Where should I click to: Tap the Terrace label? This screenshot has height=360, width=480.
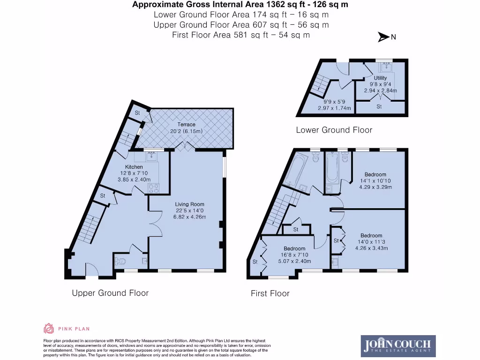(186, 125)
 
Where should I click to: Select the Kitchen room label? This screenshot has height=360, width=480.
(134, 167)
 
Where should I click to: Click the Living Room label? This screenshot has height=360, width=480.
(190, 204)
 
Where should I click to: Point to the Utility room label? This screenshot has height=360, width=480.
(380, 78)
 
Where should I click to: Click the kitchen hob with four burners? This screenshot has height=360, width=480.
(154, 188)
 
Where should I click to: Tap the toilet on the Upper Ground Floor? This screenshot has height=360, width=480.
(120, 262)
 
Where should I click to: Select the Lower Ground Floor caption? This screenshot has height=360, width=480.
(334, 130)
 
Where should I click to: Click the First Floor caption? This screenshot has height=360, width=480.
(270, 293)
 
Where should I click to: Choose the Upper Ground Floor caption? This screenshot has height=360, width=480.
(110, 293)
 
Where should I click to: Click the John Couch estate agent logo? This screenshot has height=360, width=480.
(398, 346)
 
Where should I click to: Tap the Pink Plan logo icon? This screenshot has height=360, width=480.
(49, 329)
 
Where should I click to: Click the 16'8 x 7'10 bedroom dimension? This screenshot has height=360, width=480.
(294, 255)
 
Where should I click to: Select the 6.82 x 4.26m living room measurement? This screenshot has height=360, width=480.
(190, 217)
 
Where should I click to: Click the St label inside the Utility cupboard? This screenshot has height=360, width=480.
(379, 107)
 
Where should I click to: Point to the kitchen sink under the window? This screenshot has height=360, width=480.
(151, 157)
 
